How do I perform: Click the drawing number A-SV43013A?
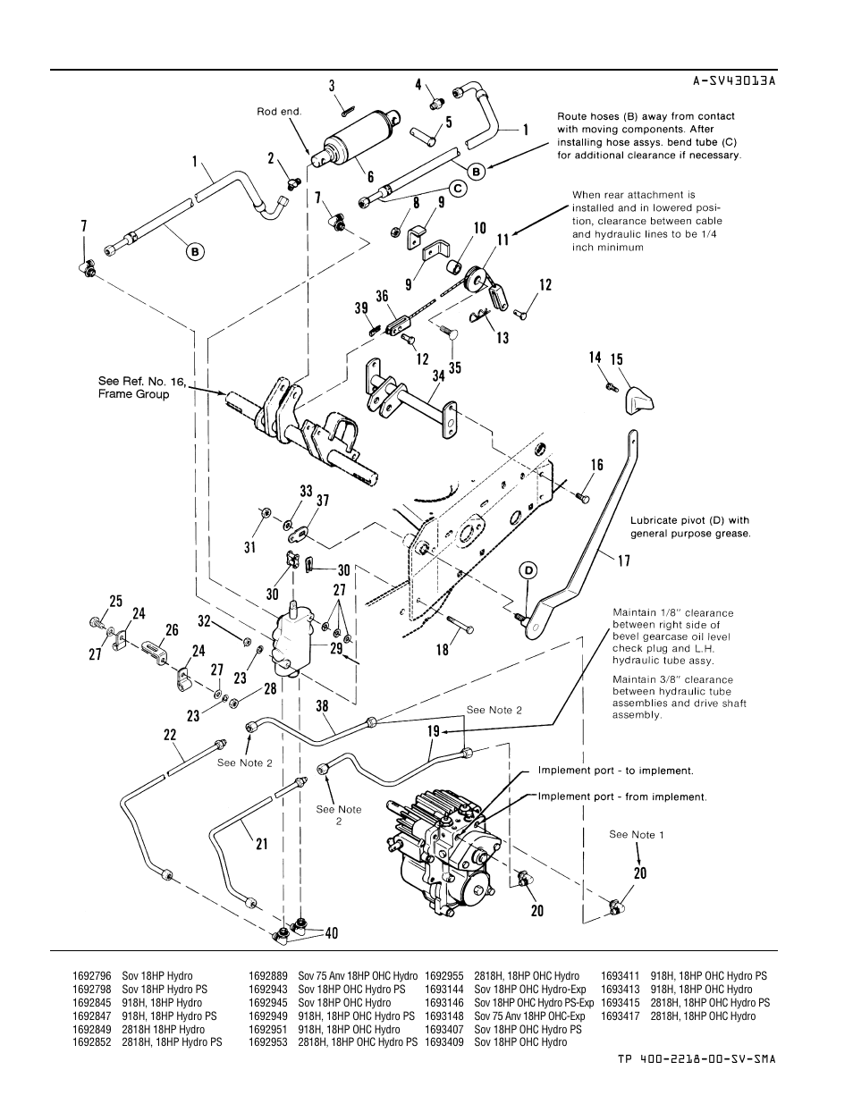pyautogui.click(x=733, y=80)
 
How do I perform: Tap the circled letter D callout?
pyautogui.click(x=528, y=570)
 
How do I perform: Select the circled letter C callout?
pyautogui.click(x=456, y=189)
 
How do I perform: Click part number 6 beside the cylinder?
pyautogui.click(x=370, y=178)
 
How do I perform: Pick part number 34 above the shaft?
pyautogui.click(x=438, y=376)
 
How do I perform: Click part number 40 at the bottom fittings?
pyautogui.click(x=332, y=933)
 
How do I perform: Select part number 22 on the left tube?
pyautogui.click(x=170, y=734)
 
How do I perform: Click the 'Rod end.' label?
pyautogui.click(x=280, y=112)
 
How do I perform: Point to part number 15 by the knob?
pyautogui.click(x=616, y=359)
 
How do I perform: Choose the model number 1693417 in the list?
pyautogui.click(x=619, y=1016)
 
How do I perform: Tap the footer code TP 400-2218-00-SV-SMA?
pyautogui.click(x=696, y=1058)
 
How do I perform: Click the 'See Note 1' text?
pyautogui.click(x=636, y=834)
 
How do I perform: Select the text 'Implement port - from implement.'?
pyautogui.click(x=621, y=796)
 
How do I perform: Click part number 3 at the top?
pyautogui.click(x=332, y=86)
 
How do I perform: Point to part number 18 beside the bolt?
pyautogui.click(x=443, y=650)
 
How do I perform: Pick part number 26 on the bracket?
pyautogui.click(x=172, y=630)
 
